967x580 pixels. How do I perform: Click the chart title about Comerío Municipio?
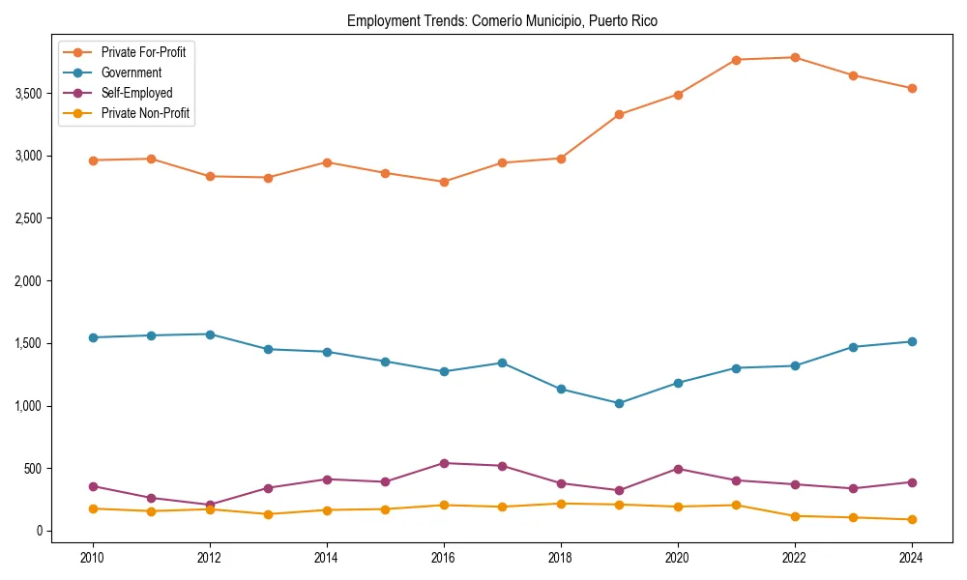pos(502,20)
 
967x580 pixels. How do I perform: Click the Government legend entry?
pos(132,72)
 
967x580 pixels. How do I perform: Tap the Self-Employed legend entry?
pos(136,93)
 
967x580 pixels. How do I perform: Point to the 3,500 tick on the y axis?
pos(29,94)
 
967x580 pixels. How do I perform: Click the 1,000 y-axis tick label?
pos(29,406)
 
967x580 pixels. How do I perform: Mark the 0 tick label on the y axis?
pos(40,531)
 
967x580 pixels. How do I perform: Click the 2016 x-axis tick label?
pos(444,557)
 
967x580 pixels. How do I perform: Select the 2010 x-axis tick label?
pos(93,557)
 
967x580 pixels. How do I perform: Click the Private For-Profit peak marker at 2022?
pos(795,58)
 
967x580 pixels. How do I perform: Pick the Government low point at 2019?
pos(619,403)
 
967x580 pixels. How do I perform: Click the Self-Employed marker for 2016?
pos(444,463)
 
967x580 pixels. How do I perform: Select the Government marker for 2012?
pos(210,334)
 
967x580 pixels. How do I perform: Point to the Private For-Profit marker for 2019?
pos(619,114)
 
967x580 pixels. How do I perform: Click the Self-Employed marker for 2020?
pos(678,469)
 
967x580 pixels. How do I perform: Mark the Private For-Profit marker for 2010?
pos(93,160)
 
